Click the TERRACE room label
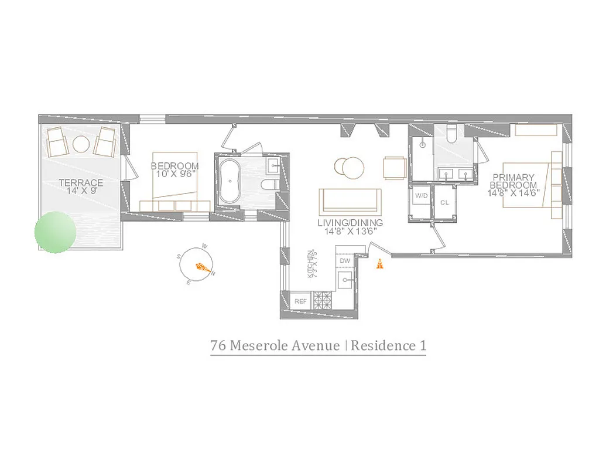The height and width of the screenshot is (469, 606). point(81,183)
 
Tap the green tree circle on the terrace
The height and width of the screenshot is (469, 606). point(56,232)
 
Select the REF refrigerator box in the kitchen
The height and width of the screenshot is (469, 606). point(301,301)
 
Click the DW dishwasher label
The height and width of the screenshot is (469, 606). point(344,260)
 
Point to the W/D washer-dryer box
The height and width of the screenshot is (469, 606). point(420,195)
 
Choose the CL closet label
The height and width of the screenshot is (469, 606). point(444,202)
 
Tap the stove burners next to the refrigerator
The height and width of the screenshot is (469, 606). point(323,301)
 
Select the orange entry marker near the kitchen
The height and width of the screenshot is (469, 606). point(379,264)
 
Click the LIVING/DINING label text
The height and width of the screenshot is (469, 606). point(350,223)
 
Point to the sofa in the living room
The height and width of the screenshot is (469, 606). point(350,200)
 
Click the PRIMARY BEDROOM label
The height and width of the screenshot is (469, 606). point(513,181)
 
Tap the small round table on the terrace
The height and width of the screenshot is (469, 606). point(81,144)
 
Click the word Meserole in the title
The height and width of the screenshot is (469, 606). point(285,345)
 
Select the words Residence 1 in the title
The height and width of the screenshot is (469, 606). point(389,345)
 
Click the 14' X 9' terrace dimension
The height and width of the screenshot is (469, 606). point(81,191)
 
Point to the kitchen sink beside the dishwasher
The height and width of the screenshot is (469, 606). point(345,280)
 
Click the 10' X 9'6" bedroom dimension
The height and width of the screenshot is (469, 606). point(174,174)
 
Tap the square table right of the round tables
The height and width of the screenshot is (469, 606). point(394,168)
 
